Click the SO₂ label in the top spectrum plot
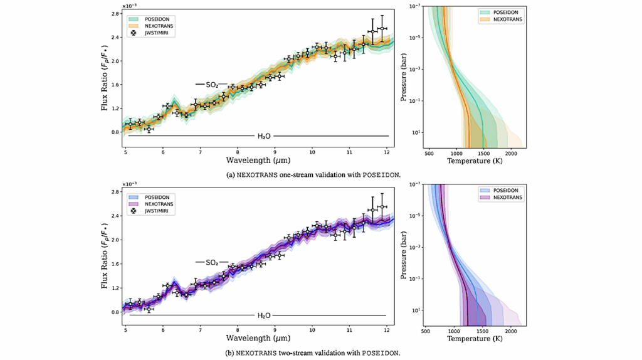(x=212, y=84)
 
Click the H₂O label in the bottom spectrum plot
(x=265, y=315)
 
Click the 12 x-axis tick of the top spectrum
(x=387, y=152)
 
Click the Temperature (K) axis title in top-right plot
(x=475, y=161)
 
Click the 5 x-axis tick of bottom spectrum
(x=125, y=330)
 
